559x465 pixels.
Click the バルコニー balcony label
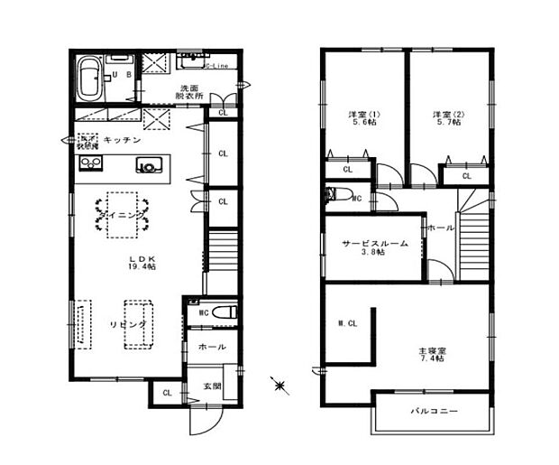435,412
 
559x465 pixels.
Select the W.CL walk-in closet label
347,323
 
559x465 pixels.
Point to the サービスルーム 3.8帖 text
374,246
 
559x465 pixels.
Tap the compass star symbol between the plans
280,386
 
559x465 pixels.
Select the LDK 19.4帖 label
141,263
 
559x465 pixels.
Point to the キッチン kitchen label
120,140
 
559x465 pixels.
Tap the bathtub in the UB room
89,79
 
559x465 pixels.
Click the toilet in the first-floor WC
225,312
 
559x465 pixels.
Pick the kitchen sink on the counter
148,165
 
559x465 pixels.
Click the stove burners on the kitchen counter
91,163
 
